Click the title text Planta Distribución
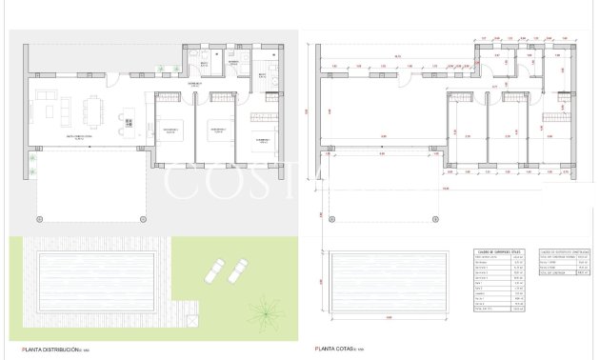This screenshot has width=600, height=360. [x=44, y=350]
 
